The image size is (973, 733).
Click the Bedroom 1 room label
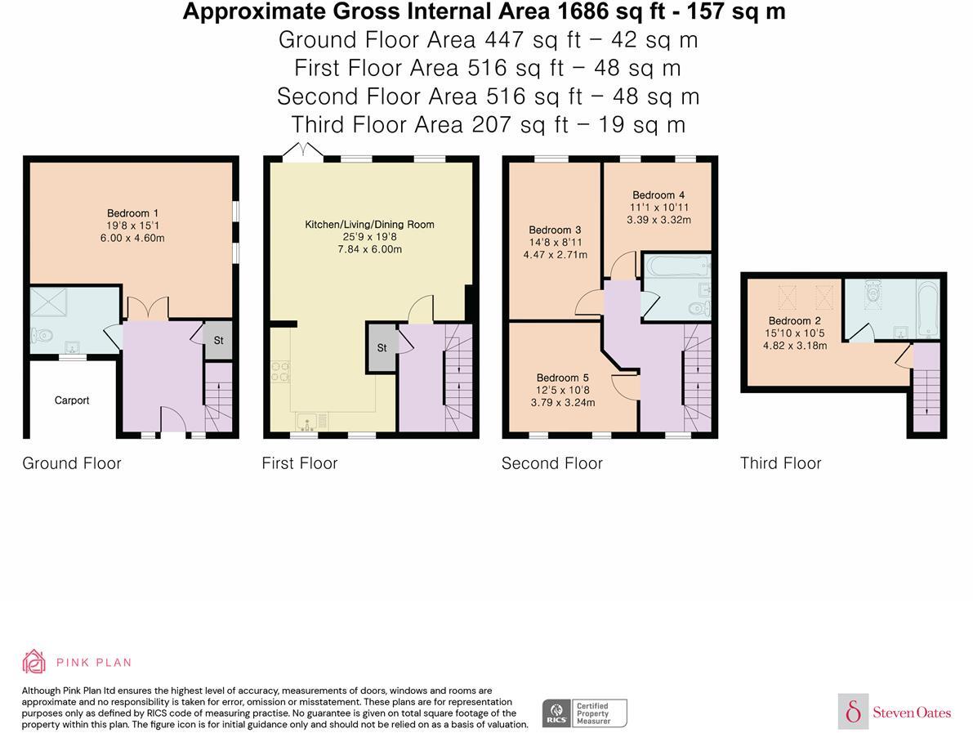click(x=132, y=213)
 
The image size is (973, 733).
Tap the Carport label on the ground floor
click(x=72, y=400)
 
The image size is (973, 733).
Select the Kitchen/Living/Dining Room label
click(x=369, y=224)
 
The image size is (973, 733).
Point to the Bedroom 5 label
click(x=562, y=378)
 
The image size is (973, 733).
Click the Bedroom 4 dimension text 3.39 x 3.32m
click(x=658, y=219)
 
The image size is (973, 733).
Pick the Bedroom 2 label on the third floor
click(x=794, y=321)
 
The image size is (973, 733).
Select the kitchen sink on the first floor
click(x=307, y=422)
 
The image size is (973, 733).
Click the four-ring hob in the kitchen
click(x=280, y=372)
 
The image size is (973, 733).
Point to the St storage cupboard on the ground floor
click(x=218, y=340)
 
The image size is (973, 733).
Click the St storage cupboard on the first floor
click(x=382, y=347)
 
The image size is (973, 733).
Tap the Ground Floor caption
click(x=72, y=463)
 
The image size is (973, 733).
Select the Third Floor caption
click(x=781, y=463)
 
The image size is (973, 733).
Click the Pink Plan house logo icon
click(x=34, y=662)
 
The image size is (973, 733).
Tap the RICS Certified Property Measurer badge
click(x=585, y=713)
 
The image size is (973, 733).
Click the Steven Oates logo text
click(x=912, y=712)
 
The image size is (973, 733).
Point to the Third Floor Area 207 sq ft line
click(x=489, y=125)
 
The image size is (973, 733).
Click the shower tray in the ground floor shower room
click(x=48, y=302)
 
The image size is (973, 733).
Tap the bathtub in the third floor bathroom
click(x=928, y=310)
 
